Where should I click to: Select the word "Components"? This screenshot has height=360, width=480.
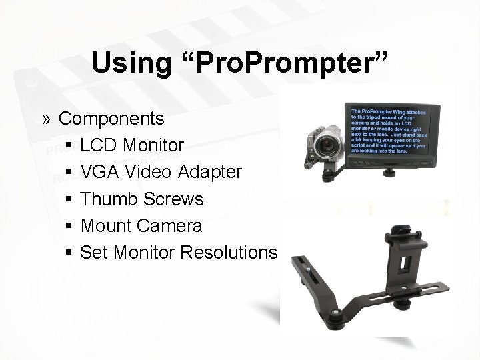pyautogui.click(x=121, y=119)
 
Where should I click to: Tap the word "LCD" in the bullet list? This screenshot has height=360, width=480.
pyautogui.click(x=99, y=145)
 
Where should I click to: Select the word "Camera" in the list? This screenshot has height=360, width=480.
pyautogui.click(x=170, y=226)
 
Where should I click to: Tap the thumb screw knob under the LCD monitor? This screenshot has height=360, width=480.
pyautogui.click(x=387, y=175)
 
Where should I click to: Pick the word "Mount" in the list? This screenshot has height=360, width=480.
pyautogui.click(x=106, y=226)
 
